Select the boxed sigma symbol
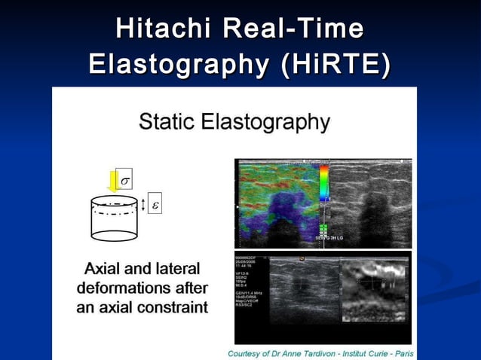pyautogui.click(x=125, y=181)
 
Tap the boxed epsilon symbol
pyautogui.click(x=155, y=204)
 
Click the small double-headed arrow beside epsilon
pyautogui.click(x=142, y=204)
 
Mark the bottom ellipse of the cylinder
pyautogui.click(x=114, y=235)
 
